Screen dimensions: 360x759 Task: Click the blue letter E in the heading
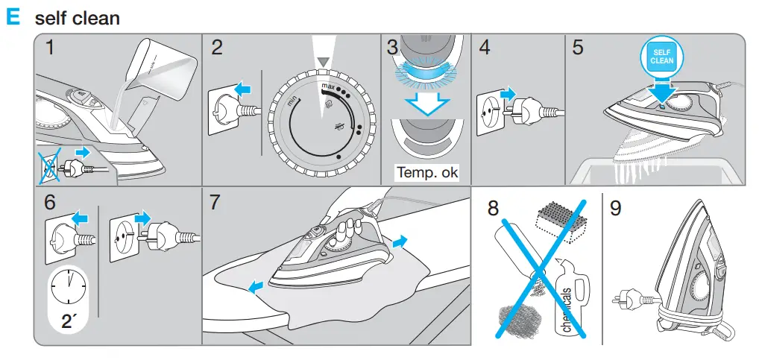click(x=13, y=17)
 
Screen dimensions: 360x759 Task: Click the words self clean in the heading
click(x=77, y=18)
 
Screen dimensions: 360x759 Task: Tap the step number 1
click(x=50, y=48)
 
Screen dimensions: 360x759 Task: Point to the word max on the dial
click(x=329, y=87)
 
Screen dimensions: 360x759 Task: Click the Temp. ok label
click(x=427, y=173)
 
